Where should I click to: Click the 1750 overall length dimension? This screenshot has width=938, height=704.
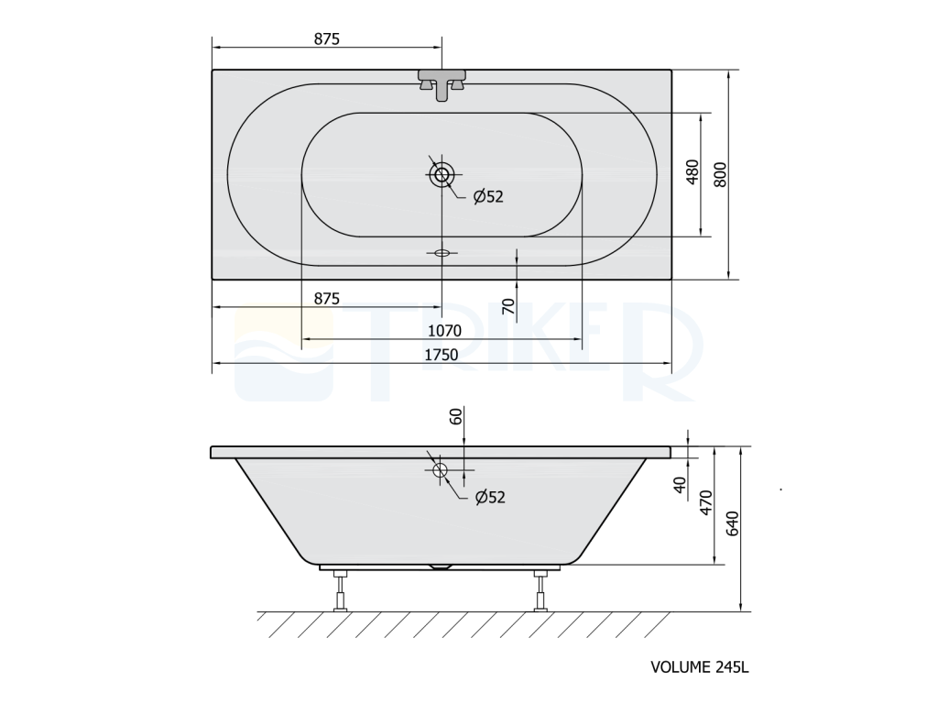coord(441,355)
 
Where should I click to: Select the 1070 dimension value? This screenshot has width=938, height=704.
coord(444,330)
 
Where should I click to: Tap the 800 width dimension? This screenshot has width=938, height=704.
coord(720,174)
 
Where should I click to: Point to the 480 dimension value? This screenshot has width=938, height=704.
coord(693,171)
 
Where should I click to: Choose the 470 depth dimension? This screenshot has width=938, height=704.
coord(706,502)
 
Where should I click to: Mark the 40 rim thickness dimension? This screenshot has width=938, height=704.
coord(680,485)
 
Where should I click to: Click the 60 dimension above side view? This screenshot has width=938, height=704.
coord(456,416)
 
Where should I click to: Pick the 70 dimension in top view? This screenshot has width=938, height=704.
coord(507,306)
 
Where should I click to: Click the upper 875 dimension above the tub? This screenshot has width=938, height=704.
coord(327,38)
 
